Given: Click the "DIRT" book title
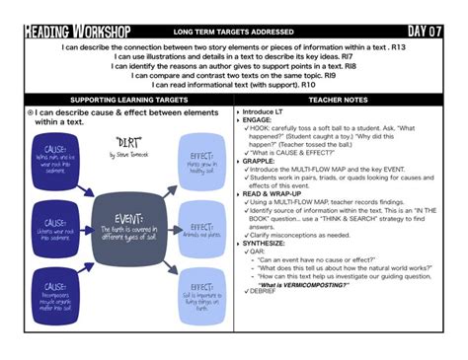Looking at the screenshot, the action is click(x=128, y=142).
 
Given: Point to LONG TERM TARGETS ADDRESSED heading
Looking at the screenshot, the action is click(x=233, y=33).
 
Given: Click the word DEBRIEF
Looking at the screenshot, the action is click(x=263, y=292).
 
